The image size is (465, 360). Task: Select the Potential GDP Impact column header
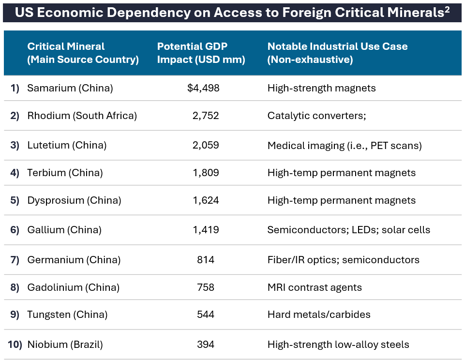(x=201, y=53)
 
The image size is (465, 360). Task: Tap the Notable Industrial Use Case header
(x=337, y=53)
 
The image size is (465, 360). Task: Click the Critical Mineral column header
(x=83, y=53)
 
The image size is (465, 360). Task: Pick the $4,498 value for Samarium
(x=203, y=88)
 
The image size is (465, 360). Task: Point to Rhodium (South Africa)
(x=82, y=116)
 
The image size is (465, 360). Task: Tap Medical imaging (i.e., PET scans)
(x=345, y=145)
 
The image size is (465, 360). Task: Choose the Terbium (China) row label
(x=65, y=173)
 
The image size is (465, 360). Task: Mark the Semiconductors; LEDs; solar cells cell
(x=348, y=230)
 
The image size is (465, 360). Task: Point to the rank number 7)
(x=15, y=260)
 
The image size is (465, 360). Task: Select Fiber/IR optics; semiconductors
(x=343, y=260)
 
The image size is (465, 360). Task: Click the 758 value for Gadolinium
(x=206, y=287)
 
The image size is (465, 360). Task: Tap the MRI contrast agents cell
(x=315, y=287)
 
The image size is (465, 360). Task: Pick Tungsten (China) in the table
(x=67, y=315)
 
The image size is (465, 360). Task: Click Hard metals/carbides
(x=319, y=315)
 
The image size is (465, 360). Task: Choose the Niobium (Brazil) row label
(x=65, y=345)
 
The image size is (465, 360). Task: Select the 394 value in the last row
(x=206, y=345)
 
